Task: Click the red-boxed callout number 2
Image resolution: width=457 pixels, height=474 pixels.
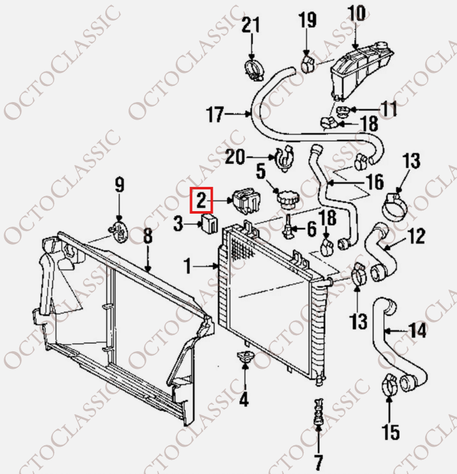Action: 201,200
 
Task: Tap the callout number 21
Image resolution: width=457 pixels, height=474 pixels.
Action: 251,25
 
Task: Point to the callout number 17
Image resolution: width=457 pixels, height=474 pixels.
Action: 215,114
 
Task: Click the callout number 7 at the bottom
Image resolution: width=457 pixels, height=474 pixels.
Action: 318,462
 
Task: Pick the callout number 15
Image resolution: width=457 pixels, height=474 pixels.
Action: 391,432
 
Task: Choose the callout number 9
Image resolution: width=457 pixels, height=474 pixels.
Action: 120,185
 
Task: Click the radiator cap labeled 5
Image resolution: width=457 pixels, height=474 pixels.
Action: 287,199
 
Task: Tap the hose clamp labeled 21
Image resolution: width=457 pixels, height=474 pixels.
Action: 254,70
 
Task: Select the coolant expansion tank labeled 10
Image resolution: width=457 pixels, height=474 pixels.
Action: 362,72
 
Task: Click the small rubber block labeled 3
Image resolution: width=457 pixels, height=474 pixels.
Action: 209,224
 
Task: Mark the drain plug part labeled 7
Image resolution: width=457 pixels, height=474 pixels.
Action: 318,412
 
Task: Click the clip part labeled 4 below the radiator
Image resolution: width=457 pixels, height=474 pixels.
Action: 246,358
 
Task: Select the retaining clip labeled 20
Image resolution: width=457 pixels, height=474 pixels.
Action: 285,158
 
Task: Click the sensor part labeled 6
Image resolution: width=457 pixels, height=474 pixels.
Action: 287,227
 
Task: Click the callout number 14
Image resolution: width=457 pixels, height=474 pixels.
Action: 418,330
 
